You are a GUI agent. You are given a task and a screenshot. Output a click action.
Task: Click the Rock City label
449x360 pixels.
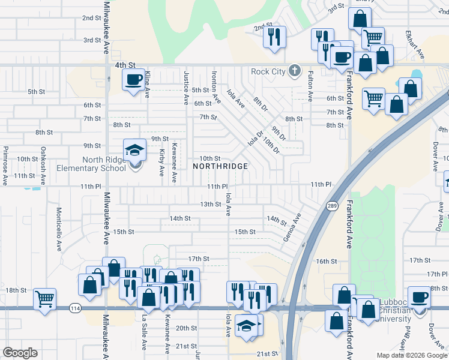click(268, 72)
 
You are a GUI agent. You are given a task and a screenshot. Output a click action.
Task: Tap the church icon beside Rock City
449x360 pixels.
click(294, 71)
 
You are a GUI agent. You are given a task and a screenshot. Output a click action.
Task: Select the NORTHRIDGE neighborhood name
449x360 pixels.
click(220, 166)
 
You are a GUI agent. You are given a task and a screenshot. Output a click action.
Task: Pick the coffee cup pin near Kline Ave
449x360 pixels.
click(133, 79)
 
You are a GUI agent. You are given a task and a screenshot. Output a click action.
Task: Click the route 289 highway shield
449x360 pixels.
click(332, 206)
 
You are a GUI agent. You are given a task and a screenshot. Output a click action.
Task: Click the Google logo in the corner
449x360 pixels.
click(20, 353)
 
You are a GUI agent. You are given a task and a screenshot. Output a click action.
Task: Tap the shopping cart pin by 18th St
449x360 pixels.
click(45, 299)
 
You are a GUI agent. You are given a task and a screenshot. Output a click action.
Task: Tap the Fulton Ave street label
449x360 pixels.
click(310, 86)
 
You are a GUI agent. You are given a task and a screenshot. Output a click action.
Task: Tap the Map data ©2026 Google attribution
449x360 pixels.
click(412, 355)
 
